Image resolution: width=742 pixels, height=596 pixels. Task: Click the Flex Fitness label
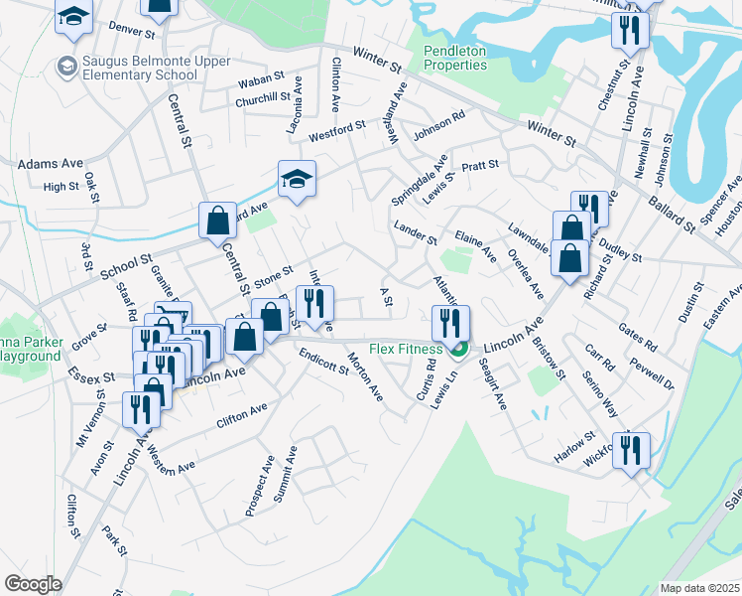pos(408,349)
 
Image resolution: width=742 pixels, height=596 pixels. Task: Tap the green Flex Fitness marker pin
pos(458,350)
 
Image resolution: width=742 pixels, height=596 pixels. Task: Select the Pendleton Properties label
pos(455,58)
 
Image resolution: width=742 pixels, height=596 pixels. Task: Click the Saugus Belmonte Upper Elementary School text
pos(141,69)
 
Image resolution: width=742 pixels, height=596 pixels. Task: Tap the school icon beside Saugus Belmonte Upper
pos(67,67)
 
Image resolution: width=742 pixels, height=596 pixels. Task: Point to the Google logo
pos(33,584)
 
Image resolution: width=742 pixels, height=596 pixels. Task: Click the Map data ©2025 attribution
pos(698,588)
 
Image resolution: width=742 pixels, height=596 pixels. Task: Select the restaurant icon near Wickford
pos(631,451)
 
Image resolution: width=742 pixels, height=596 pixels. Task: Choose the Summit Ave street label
pos(286,474)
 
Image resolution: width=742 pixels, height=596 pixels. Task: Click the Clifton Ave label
pos(242,415)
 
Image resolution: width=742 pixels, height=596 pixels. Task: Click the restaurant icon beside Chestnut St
pos(629,31)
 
